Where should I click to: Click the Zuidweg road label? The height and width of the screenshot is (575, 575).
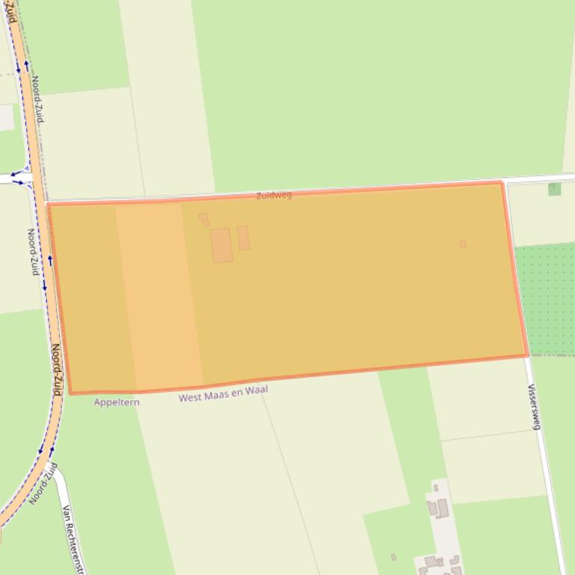273,196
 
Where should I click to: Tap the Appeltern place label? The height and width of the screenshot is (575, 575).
116,402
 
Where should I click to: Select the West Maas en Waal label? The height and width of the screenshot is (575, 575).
223,394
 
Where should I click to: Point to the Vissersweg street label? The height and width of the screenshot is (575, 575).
534,406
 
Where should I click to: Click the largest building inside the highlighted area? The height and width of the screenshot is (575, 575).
221,246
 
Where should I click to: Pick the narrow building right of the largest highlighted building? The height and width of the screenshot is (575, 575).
243,237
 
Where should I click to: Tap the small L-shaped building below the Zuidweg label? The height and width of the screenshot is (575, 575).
203,219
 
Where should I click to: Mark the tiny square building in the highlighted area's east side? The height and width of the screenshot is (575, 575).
463,244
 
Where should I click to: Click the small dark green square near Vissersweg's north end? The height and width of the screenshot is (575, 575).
554,189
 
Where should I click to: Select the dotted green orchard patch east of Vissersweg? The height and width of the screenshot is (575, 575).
547,299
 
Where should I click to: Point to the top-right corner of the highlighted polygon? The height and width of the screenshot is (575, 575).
501,182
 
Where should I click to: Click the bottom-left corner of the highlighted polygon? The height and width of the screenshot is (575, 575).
70,393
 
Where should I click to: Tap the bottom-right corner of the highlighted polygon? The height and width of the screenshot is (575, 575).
528,355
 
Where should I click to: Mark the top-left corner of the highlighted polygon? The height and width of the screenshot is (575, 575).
49,203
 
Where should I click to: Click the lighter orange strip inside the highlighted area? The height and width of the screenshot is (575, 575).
158,295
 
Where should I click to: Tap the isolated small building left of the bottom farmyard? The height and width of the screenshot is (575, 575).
394,557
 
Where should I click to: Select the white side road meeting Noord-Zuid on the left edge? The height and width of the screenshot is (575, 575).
10,178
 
